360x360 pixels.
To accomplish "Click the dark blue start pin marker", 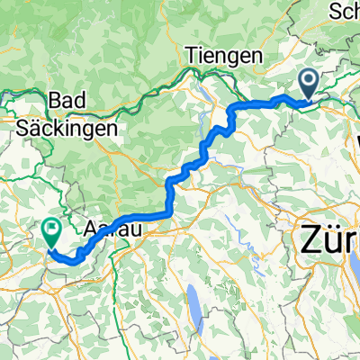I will click(308, 85).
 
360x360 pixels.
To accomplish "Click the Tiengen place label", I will click(224, 56).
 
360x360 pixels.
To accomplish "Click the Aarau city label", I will click(109, 229).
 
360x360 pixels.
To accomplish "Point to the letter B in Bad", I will click(59, 99).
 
